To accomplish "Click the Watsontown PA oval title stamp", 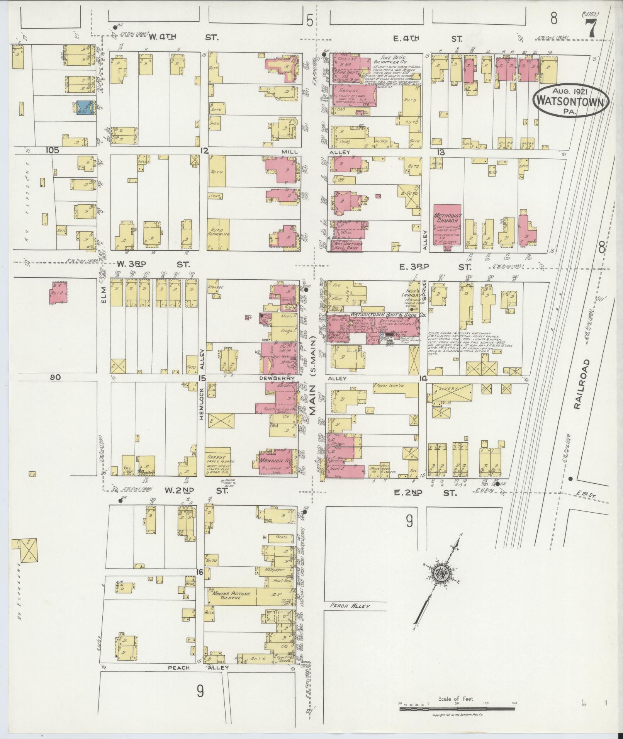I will coord(570,100).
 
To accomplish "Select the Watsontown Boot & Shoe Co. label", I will coord(387,315).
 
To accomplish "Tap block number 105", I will coord(52,150).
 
